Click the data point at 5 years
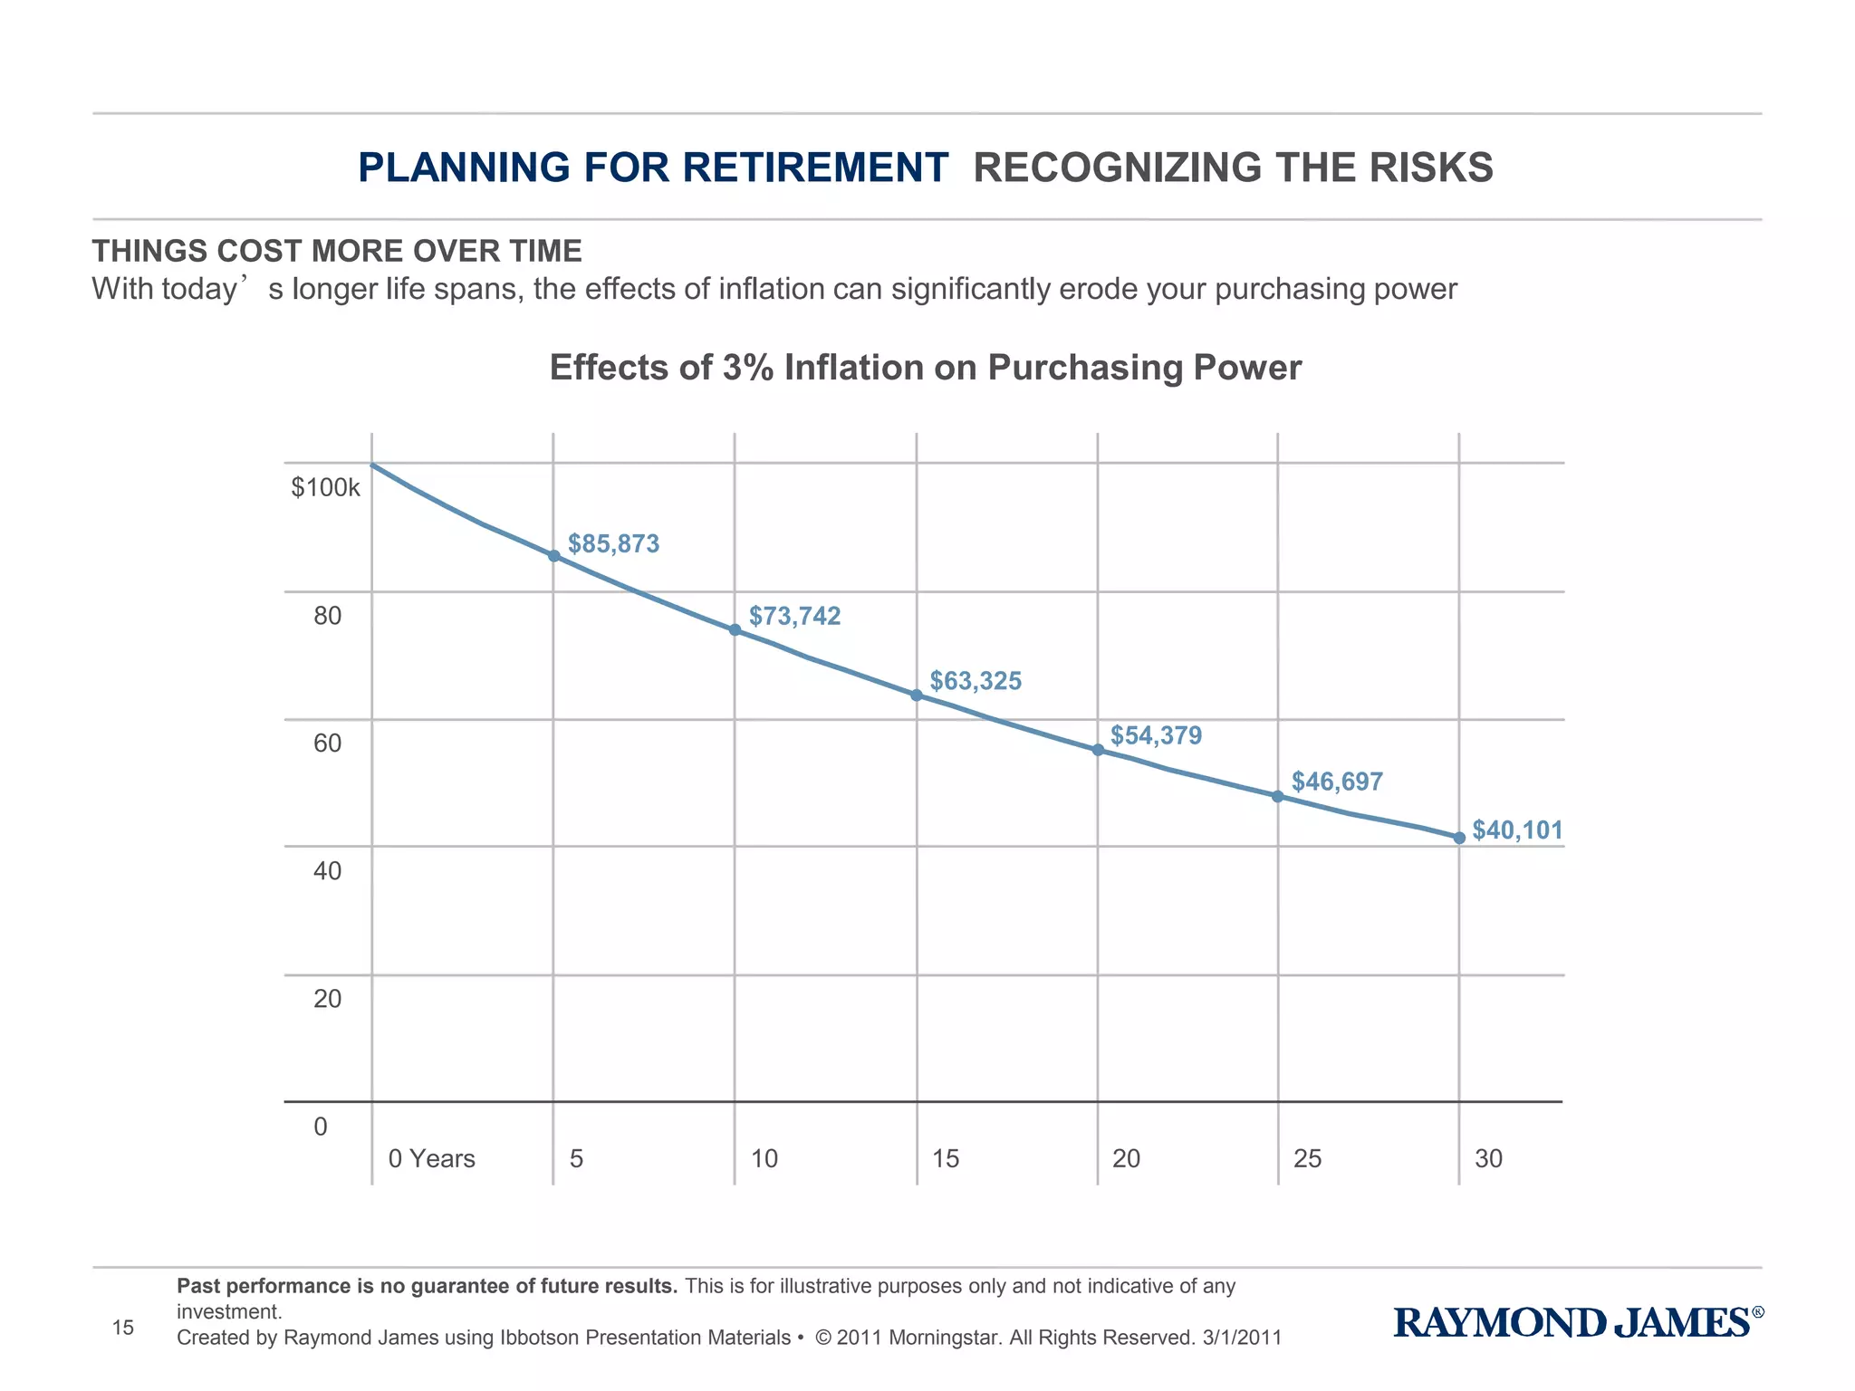[553, 555]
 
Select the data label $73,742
[794, 616]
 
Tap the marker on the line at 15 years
[916, 695]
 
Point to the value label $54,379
[1156, 735]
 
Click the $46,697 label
[1336, 782]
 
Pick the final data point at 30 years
[1459, 838]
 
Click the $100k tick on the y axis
[325, 488]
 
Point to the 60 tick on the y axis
[327, 743]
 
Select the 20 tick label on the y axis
[327, 999]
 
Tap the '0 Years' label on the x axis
[431, 1158]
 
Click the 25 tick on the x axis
[1307, 1158]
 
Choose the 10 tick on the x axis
[764, 1158]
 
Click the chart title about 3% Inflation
[925, 368]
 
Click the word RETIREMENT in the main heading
[815, 168]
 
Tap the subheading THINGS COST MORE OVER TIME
[337, 251]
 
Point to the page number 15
[122, 1328]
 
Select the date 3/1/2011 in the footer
[1242, 1338]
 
